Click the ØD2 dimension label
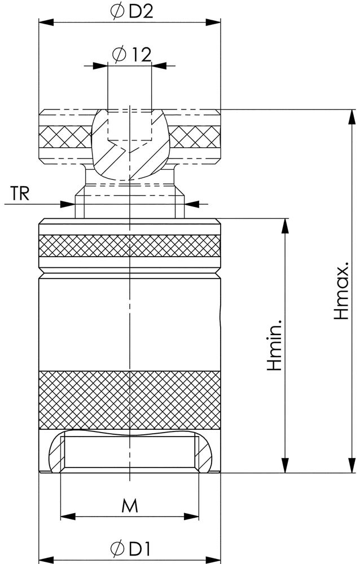click(133, 12)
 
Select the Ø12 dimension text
click(131, 55)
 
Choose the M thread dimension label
click(130, 505)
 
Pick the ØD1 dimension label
click(130, 548)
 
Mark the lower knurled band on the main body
click(129, 399)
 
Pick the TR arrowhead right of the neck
click(192, 204)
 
